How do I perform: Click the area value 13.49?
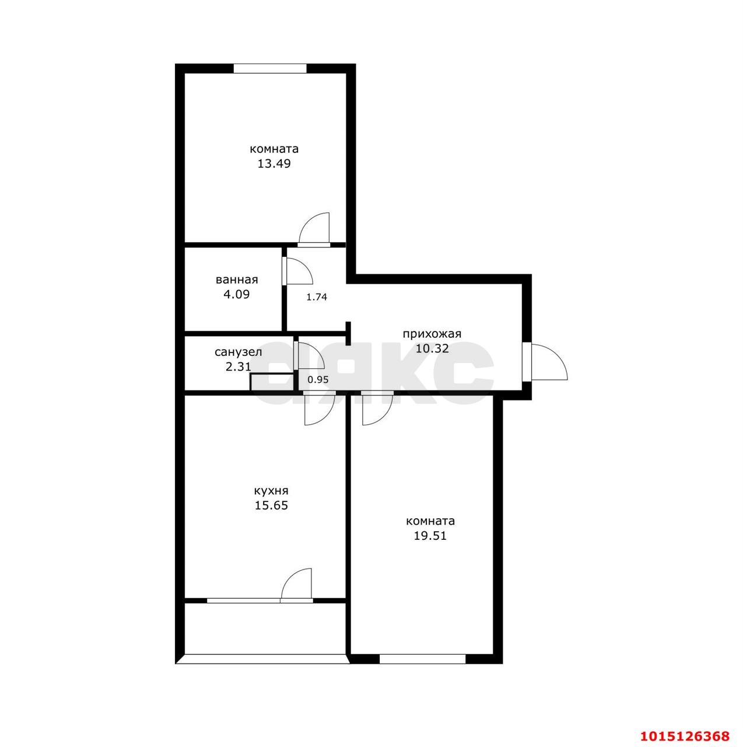click(274, 164)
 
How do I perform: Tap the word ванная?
click(236, 280)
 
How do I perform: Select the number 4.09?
click(236, 295)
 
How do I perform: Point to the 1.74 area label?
click(317, 296)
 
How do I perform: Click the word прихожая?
click(432, 334)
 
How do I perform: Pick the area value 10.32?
click(432, 349)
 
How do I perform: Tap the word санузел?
click(238, 352)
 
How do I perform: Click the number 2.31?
click(238, 367)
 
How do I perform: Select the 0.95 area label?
click(318, 379)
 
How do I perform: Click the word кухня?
click(271, 491)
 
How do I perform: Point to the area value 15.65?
click(271, 506)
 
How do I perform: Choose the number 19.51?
click(430, 536)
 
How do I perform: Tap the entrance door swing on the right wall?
click(547, 363)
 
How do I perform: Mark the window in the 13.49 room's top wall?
click(270, 68)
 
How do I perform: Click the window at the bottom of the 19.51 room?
click(423, 659)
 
